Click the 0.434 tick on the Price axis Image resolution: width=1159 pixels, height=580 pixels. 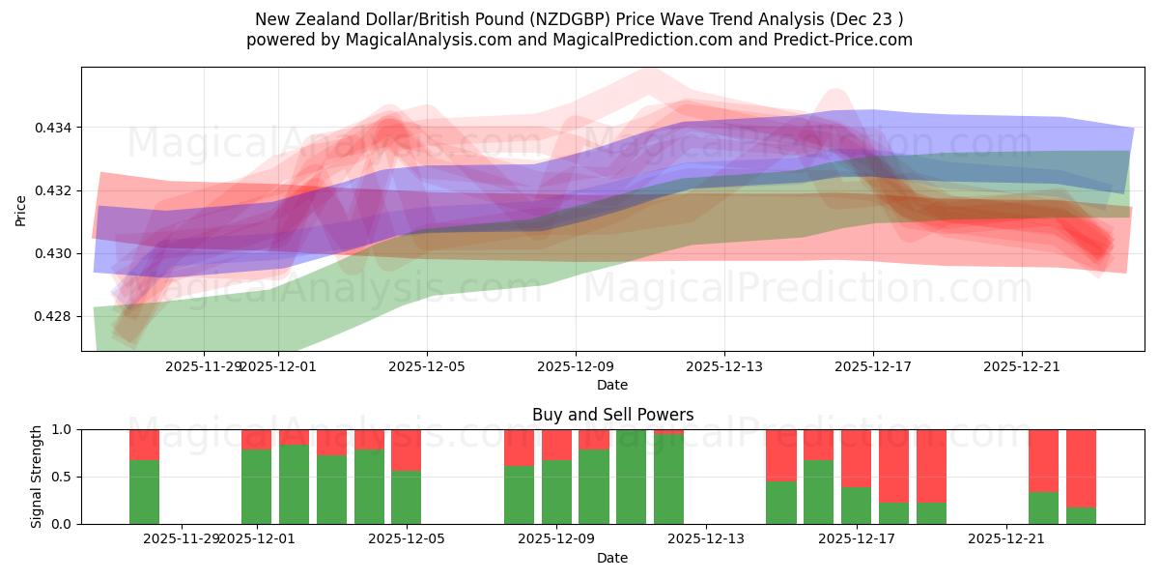tap(55, 128)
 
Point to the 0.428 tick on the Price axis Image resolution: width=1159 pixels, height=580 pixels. tap(55, 316)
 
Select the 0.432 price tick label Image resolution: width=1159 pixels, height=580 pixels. tap(55, 190)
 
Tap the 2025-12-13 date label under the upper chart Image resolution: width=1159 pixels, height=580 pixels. tap(724, 366)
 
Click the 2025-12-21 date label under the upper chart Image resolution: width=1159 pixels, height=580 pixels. tap(1022, 366)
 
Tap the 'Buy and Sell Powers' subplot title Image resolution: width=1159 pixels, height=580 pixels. tap(612, 415)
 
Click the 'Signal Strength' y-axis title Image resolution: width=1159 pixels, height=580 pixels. tap(37, 477)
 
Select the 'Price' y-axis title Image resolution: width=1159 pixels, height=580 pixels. tap(21, 210)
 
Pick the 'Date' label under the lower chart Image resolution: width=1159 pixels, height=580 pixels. tap(612, 558)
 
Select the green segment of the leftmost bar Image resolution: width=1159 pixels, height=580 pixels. tap(144, 492)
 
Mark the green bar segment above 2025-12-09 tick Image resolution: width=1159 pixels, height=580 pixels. tap(556, 492)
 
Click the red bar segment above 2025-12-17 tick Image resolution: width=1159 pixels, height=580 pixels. tap(856, 457)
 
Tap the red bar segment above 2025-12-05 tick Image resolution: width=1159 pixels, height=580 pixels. tap(407, 449)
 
